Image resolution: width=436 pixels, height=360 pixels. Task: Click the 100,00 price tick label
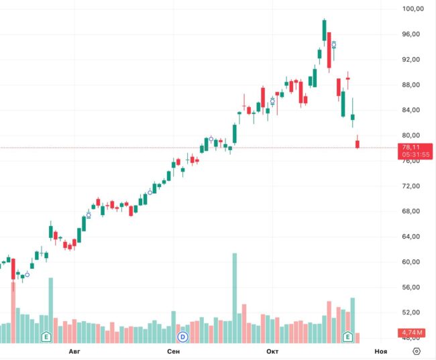(x=413, y=9)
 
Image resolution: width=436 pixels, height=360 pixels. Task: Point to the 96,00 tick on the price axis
(x=413, y=34)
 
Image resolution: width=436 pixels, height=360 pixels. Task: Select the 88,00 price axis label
(x=413, y=85)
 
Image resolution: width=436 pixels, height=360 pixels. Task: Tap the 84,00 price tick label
(x=413, y=110)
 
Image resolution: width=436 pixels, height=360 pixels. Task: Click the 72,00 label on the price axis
(x=413, y=186)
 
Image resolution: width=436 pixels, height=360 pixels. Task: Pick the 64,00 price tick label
(x=413, y=237)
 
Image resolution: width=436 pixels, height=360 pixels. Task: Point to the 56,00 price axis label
(x=413, y=288)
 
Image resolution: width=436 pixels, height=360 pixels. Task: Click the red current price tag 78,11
(x=411, y=147)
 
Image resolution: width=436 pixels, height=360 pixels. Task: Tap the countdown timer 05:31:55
(x=416, y=155)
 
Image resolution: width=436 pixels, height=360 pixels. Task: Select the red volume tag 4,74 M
(x=411, y=333)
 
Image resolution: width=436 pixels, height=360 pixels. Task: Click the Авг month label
(x=75, y=351)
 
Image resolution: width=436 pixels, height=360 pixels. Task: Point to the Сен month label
(x=173, y=351)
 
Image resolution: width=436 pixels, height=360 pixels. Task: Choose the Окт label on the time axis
(x=272, y=351)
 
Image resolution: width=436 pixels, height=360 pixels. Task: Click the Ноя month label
(x=380, y=351)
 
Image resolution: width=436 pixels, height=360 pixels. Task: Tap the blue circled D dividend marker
(x=181, y=336)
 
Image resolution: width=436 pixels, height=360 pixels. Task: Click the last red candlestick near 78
(x=358, y=143)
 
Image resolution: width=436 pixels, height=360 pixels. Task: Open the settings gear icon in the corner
(x=417, y=351)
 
